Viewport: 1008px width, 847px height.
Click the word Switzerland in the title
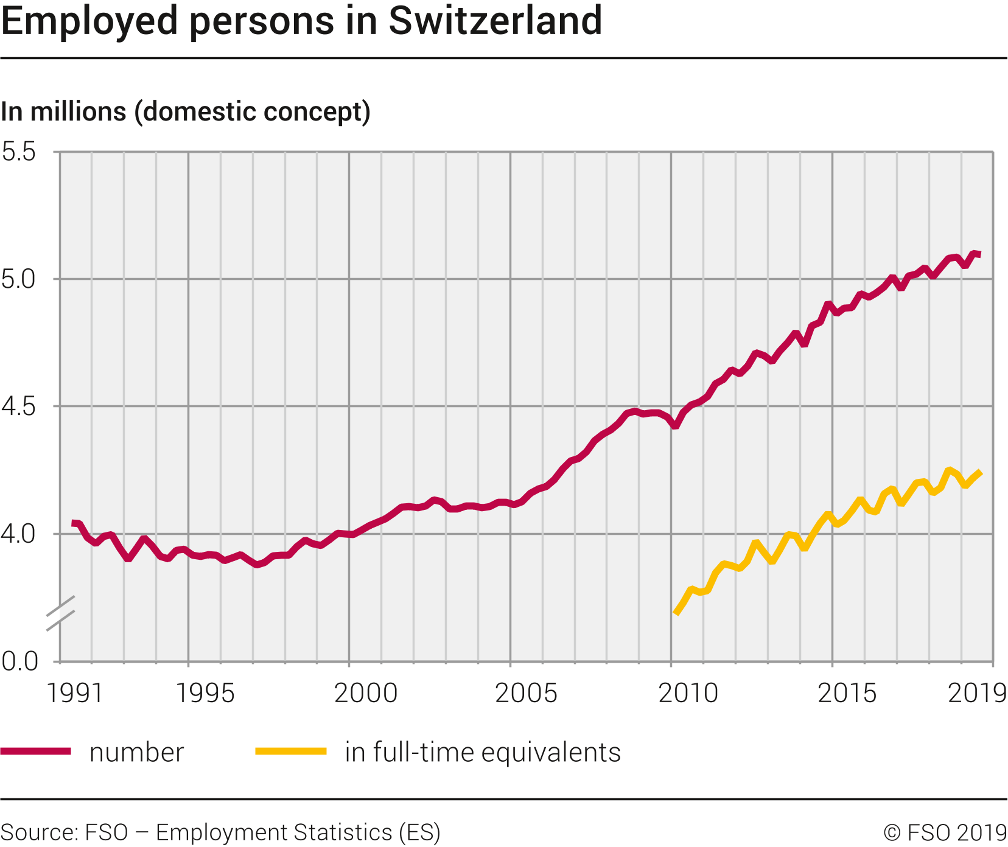point(495,21)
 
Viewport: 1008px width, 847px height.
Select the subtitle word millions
point(77,112)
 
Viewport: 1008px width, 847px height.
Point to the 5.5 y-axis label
point(19,152)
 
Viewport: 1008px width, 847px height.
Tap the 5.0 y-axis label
point(19,279)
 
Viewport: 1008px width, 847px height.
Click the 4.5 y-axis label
point(19,406)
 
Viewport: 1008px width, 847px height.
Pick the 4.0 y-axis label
point(19,534)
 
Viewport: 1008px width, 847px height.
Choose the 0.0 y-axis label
point(19,661)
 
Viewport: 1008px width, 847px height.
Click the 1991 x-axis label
point(74,694)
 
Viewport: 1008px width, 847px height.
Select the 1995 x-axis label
point(205,694)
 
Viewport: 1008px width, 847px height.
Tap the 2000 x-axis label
point(366,694)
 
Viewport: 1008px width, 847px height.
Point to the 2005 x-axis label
point(527,694)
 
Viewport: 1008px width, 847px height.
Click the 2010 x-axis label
point(688,694)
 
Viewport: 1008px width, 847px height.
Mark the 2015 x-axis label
point(847,694)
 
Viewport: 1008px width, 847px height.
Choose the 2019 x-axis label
point(977,694)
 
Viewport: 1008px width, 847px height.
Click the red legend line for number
point(36,751)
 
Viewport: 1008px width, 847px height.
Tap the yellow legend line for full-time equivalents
point(291,751)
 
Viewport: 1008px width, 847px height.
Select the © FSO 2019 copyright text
point(945,832)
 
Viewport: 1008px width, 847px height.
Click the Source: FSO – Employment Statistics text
point(220,832)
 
